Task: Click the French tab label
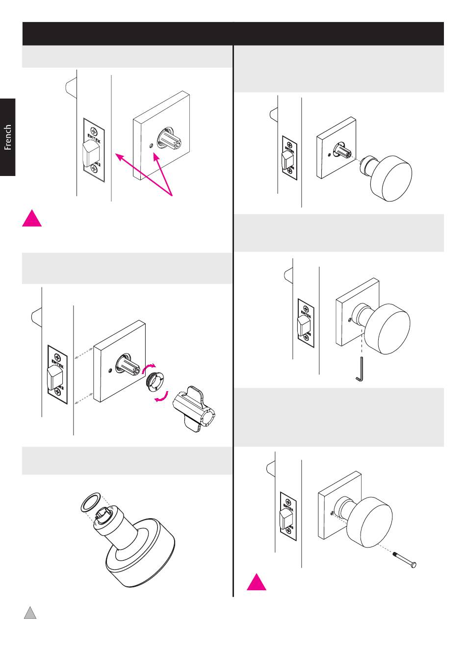click(8, 137)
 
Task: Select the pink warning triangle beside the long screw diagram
click(256, 582)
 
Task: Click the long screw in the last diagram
click(405, 560)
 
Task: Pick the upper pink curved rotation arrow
click(151, 367)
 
